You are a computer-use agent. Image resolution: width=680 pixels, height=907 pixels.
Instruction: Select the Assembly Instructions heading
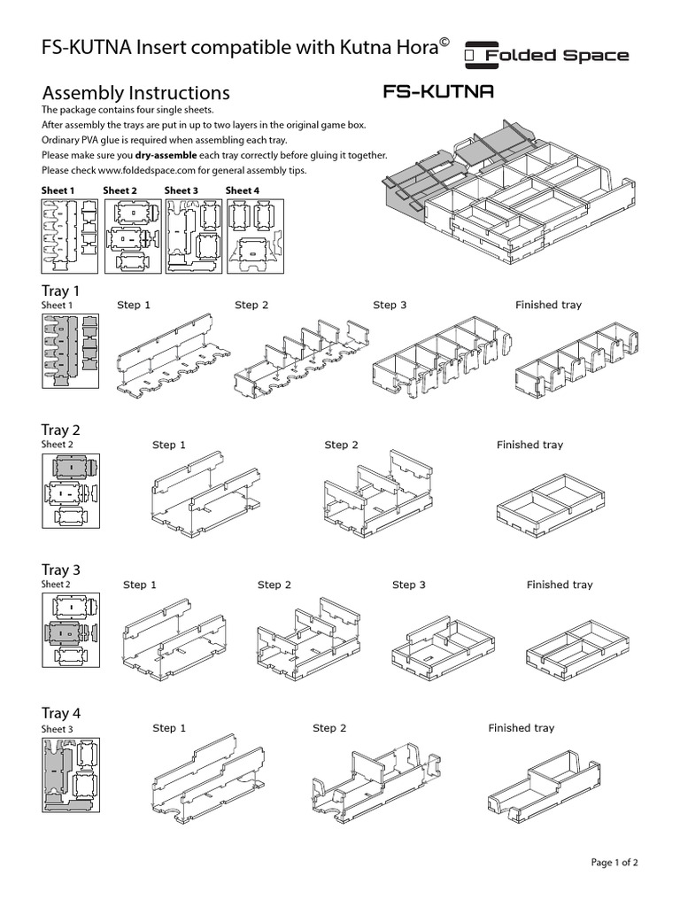tap(135, 93)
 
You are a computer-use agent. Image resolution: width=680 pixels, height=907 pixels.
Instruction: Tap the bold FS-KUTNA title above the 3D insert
tap(437, 91)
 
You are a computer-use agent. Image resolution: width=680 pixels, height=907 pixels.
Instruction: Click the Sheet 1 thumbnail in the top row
tap(70, 235)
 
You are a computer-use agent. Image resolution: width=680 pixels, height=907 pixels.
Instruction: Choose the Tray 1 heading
tap(61, 291)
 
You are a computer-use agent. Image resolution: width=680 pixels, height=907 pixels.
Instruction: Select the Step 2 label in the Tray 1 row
tap(251, 305)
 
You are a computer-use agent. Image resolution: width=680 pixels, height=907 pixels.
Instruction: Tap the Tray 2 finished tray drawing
tap(541, 503)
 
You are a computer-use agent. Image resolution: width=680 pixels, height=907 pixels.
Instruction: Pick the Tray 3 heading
tap(61, 570)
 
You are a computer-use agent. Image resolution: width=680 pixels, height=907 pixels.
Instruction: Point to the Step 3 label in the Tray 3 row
tap(408, 585)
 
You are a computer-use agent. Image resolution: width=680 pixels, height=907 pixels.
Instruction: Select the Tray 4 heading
tap(61, 713)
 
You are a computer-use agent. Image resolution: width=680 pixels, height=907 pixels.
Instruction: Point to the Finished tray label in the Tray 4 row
tap(521, 728)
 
